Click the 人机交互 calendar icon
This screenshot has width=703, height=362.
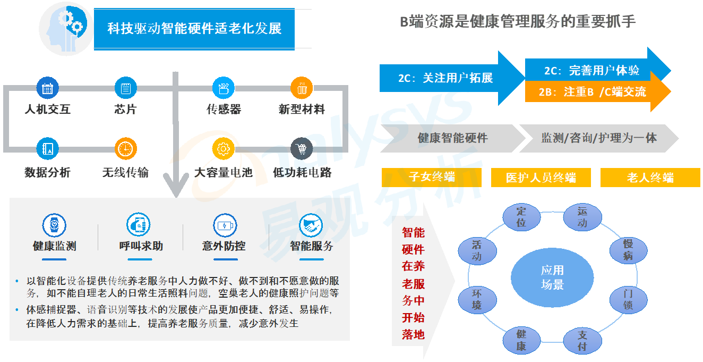click(x=47, y=88)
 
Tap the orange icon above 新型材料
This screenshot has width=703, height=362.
click(x=302, y=88)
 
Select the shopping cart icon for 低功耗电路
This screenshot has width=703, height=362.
click(x=302, y=149)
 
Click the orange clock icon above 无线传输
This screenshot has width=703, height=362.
click(x=125, y=149)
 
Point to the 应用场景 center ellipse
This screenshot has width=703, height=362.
click(x=552, y=277)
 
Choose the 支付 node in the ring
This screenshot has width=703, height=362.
click(x=582, y=341)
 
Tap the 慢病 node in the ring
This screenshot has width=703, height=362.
click(x=628, y=250)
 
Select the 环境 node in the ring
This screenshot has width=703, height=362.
click(x=476, y=299)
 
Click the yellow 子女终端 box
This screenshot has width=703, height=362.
click(x=431, y=178)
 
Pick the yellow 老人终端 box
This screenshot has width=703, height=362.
click(x=650, y=178)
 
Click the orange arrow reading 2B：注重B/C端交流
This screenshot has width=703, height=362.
click(x=595, y=92)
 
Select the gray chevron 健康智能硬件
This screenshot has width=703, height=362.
click(x=451, y=138)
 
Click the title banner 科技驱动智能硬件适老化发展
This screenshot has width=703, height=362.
click(x=194, y=29)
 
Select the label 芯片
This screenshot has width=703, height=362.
click(x=125, y=110)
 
